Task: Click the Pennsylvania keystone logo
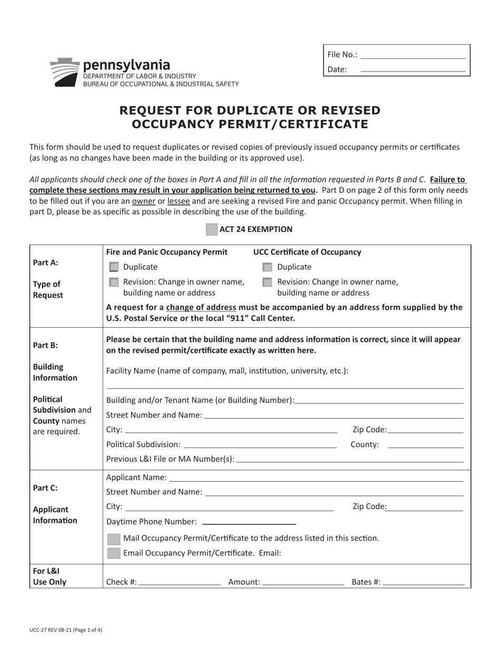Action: pos(64,72)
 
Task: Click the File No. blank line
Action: pos(413,55)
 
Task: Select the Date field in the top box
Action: pos(413,69)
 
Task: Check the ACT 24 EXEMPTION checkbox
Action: pos(211,229)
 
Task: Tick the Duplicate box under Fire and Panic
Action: pos(114,267)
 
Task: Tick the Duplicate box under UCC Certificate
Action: pos(267,267)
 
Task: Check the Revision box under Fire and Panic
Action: pos(114,282)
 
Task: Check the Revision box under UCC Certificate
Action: pos(267,282)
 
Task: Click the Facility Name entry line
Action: pos(285,385)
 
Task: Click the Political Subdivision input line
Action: pos(260,445)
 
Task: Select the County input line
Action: pos(425,445)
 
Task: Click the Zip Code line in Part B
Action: pos(425,430)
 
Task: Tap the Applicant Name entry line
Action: pos(316,478)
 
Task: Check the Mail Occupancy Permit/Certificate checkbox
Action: pos(114,539)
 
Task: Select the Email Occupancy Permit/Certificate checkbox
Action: pos(114,553)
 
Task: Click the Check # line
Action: pos(179,582)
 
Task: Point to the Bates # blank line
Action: pos(424,582)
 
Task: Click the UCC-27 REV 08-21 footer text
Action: pos(66,630)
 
